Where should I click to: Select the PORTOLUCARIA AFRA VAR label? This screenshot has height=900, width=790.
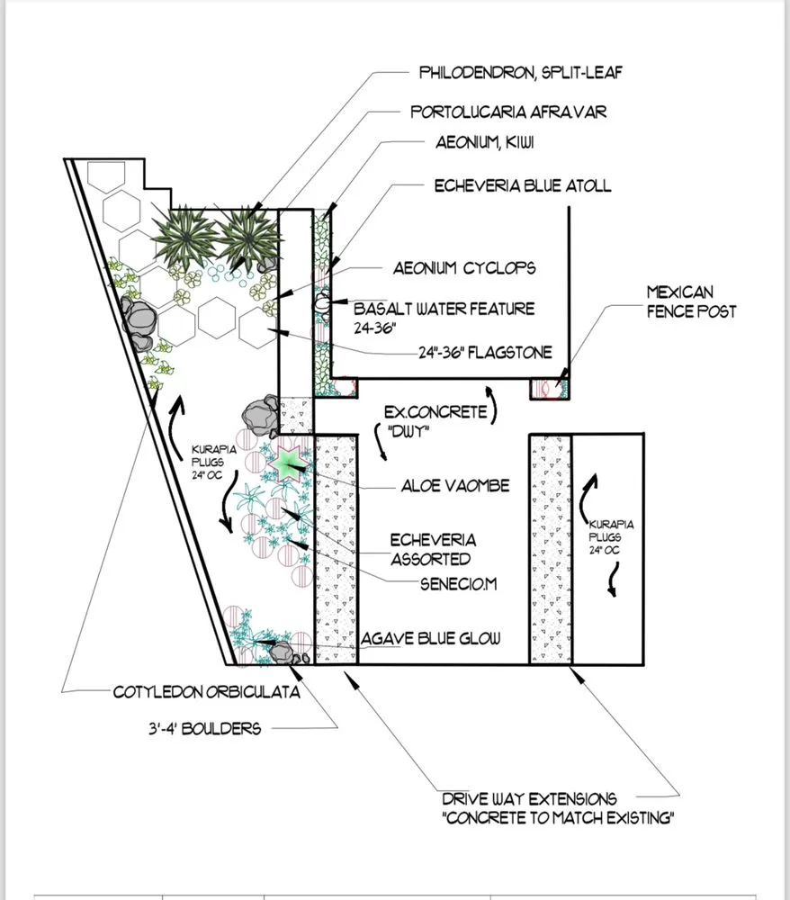508,112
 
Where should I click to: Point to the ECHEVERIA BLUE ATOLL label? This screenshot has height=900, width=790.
522,186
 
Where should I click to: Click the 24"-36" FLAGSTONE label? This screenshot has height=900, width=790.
485,352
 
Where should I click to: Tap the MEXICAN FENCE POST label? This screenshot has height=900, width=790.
691,301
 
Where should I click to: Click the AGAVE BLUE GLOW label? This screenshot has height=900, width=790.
430,639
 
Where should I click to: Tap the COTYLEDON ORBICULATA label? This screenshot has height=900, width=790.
206,693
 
